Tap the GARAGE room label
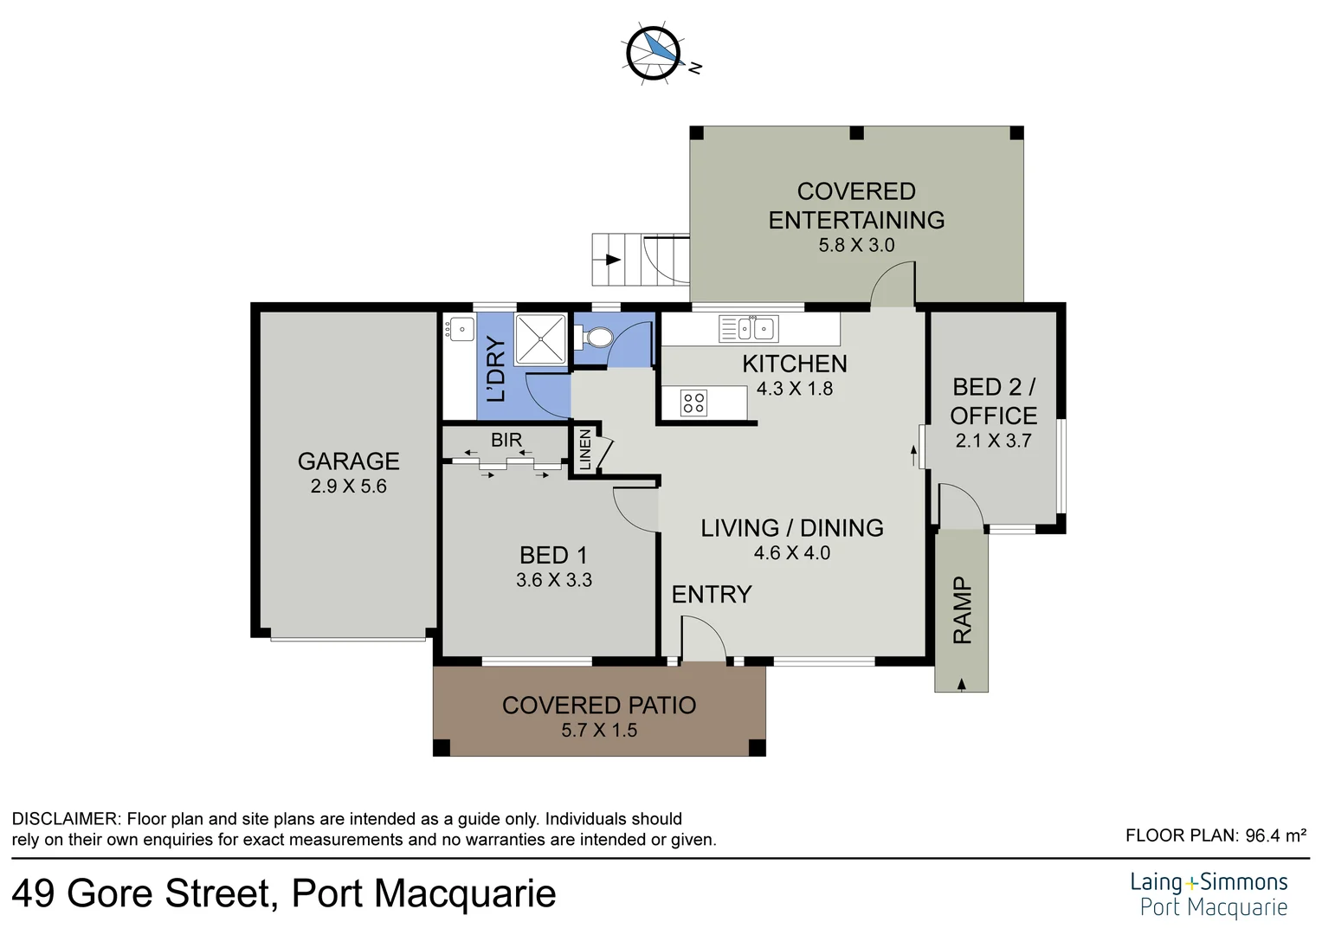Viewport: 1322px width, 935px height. point(348,461)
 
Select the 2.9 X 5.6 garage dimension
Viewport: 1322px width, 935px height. point(348,487)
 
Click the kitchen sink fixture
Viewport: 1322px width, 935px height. point(748,329)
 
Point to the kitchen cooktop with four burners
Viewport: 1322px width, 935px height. point(693,403)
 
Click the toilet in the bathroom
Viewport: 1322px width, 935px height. point(596,339)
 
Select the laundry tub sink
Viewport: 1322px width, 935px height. point(460,329)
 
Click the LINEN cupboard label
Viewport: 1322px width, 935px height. point(585,450)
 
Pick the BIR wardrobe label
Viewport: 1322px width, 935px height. point(506,440)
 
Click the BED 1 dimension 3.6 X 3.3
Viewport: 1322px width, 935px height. point(553,580)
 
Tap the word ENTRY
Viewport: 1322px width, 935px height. point(712,595)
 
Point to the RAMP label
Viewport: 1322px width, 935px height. point(962,610)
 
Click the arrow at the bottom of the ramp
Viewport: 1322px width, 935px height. point(961,684)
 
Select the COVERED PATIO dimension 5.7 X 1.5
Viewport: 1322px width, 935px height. point(599,731)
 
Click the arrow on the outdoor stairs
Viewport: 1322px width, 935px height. point(613,260)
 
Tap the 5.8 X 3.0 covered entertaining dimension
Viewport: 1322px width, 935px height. point(856,245)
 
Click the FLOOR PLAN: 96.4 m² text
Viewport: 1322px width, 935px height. point(1216,835)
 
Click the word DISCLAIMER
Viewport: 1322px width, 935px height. point(66,819)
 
